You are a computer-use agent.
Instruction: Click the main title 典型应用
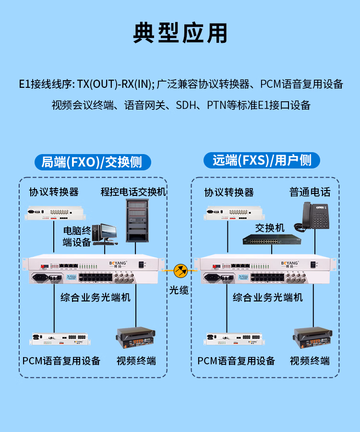coord(180,33)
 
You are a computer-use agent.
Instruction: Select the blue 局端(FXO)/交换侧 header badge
coord(93,162)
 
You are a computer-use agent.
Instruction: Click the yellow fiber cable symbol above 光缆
coord(180,271)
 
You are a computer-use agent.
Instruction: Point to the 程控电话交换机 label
coord(133,192)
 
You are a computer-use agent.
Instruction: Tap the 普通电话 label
coord(310,192)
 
